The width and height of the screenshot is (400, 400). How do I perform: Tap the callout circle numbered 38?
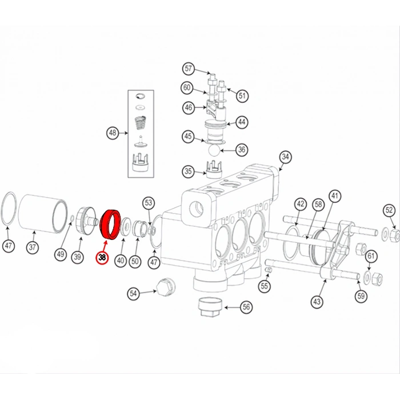pyautogui.click(x=102, y=258)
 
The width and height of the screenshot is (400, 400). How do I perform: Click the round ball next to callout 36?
pyautogui.click(x=213, y=150)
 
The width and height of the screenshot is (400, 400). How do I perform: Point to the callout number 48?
pyautogui.click(x=113, y=133)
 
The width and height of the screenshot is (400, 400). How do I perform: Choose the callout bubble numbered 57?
pyautogui.click(x=189, y=69)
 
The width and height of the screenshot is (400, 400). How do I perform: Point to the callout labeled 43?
pyautogui.click(x=318, y=301)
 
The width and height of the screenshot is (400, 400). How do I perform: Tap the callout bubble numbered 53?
pyautogui.click(x=149, y=202)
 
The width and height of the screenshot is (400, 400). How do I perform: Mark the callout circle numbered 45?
pyautogui.click(x=188, y=136)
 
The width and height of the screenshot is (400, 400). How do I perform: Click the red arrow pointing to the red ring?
pyautogui.click(x=104, y=243)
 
